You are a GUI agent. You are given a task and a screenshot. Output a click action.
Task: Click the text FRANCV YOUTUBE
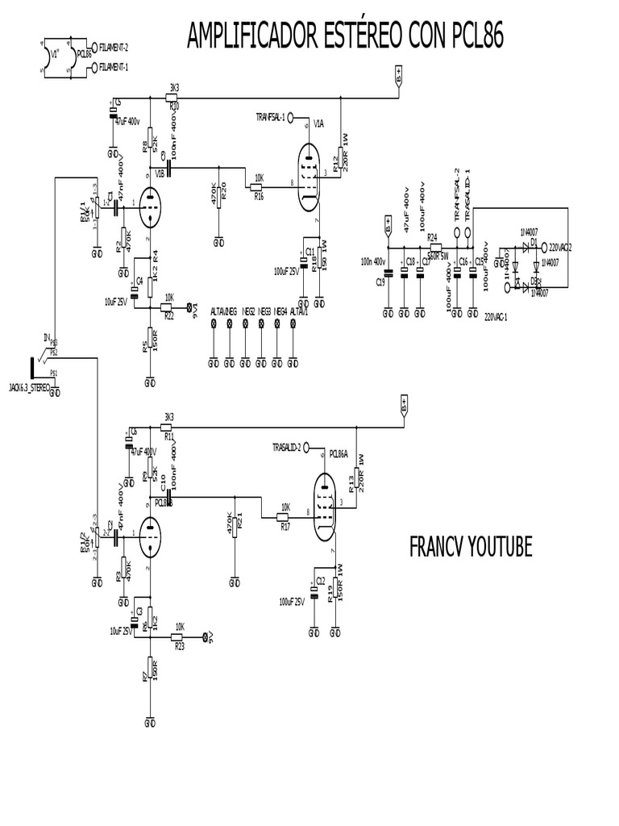[471, 547]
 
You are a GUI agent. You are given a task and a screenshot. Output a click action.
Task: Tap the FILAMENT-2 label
[114, 47]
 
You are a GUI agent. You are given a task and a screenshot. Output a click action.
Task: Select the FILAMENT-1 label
[114, 69]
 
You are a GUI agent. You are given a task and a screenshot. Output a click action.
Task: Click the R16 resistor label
[258, 195]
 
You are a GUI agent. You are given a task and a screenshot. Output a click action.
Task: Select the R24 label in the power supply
[433, 237]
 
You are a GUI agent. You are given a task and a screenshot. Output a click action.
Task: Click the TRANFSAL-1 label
[269, 116]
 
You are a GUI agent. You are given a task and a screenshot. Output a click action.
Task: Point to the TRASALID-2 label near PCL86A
[287, 446]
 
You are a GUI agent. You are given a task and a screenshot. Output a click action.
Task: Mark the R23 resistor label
[179, 646]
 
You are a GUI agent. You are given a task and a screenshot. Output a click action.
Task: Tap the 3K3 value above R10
[173, 87]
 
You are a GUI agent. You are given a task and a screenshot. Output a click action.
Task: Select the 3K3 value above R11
[168, 418]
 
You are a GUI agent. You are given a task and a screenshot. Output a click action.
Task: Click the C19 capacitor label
[380, 282]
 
